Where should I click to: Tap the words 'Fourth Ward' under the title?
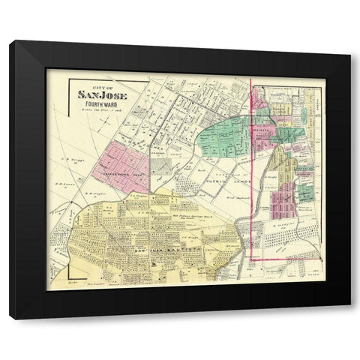pos(103,103)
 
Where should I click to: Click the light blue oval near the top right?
pos(305,115)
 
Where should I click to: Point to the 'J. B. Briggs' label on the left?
pos(70,160)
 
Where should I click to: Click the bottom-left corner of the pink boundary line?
pos(250,260)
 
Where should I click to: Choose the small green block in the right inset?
pos(305,193)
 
